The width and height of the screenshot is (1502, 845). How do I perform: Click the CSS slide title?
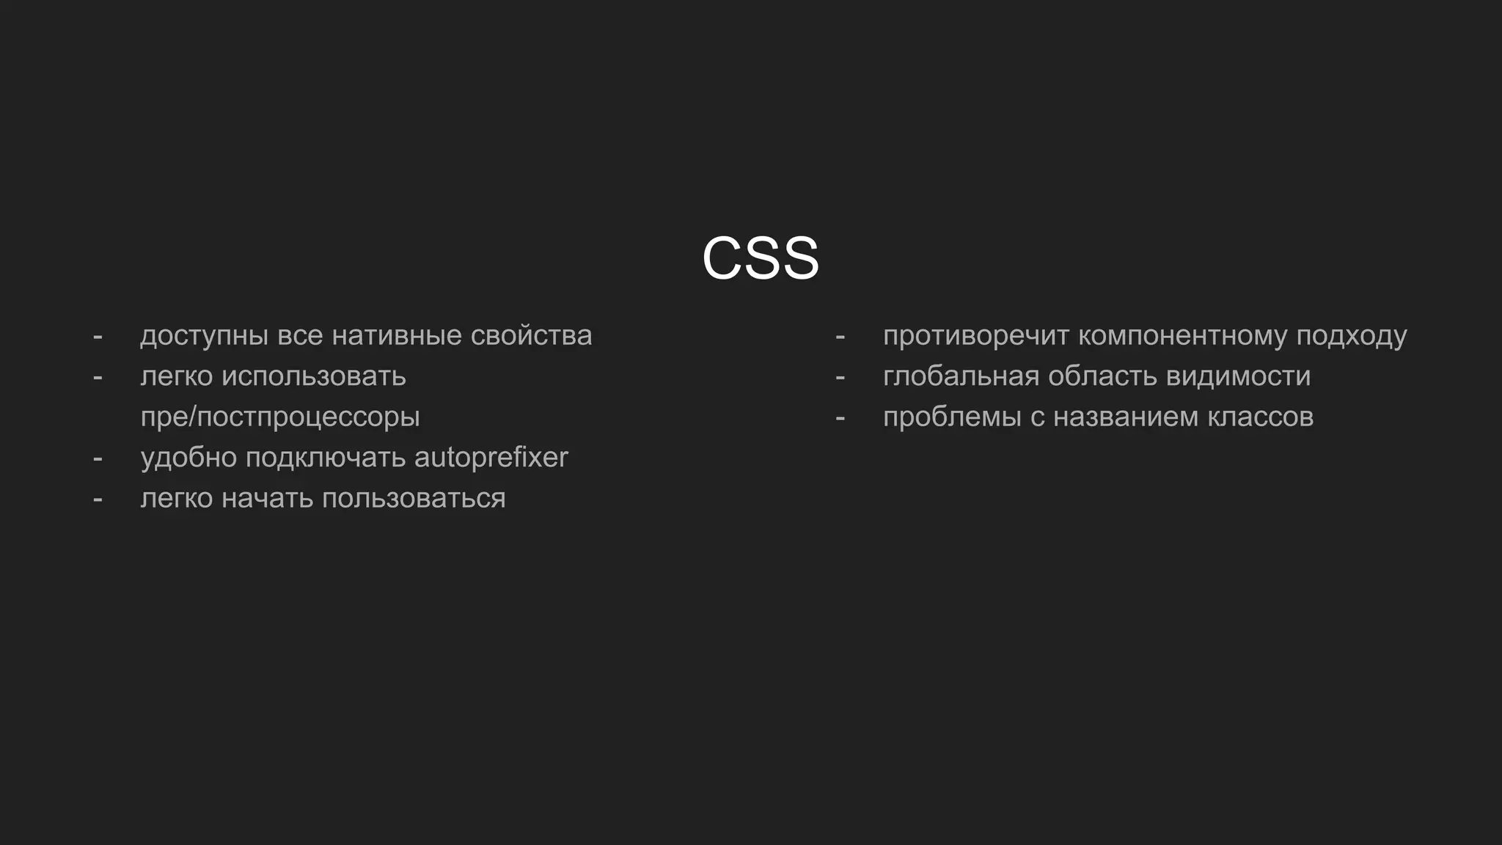pos(760,258)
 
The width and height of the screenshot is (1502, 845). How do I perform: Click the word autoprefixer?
pos(491,458)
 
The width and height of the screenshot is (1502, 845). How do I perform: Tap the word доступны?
pos(204,336)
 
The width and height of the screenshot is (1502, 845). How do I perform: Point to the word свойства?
pos(531,336)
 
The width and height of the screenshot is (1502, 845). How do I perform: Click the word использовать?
pos(313,376)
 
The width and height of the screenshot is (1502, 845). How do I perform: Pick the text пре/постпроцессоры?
pos(280,417)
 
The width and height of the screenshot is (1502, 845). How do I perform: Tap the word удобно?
pos(188,458)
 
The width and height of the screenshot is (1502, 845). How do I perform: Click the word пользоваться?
pos(414,499)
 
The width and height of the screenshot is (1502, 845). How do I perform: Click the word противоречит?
pos(975,336)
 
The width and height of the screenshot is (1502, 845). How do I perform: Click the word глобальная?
pos(961,376)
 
